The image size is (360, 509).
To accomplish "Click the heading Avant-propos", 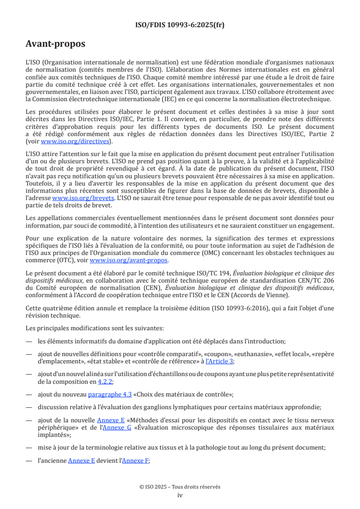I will (55, 44).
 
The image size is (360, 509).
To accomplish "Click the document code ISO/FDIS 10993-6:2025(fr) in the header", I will (180, 25).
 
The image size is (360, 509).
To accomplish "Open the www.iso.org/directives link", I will (75, 141).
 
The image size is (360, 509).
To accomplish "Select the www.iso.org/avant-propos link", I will (129, 260).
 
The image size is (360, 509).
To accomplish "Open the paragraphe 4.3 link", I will (110, 394).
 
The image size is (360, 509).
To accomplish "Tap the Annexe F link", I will (135, 460).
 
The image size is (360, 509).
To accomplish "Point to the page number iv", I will (180, 495).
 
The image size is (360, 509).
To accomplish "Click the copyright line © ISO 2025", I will (180, 487).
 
